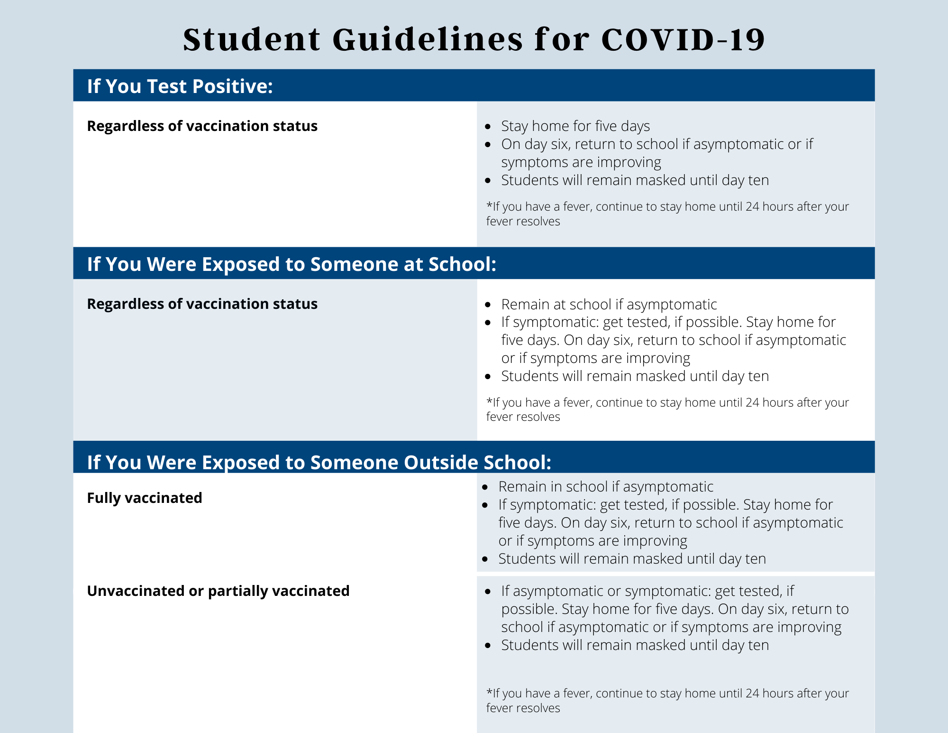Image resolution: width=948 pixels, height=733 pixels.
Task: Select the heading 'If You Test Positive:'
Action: coord(180,86)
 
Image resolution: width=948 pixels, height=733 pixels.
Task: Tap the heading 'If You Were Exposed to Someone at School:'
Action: coord(292,264)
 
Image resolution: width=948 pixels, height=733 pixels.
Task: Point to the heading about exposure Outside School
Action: coord(319,463)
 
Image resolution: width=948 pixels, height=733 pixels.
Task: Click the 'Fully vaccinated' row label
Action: coord(145,498)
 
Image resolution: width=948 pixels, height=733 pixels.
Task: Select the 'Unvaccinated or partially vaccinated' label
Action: coord(218,591)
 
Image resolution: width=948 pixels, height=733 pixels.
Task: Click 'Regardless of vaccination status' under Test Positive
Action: coord(202,126)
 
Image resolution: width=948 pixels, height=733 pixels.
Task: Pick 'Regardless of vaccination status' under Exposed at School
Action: coord(202,304)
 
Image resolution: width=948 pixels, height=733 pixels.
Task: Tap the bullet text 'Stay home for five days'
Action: coord(575,126)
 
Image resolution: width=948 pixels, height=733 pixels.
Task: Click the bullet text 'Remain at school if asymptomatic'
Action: coord(609,304)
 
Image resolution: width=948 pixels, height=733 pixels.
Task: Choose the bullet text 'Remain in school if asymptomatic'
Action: coord(606,487)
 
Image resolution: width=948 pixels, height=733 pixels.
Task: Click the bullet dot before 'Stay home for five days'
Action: coord(488,127)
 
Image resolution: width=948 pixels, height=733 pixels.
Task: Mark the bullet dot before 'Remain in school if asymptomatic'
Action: coord(485,487)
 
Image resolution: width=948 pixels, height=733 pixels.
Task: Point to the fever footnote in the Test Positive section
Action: coord(667,214)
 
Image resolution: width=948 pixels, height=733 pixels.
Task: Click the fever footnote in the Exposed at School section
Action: coord(667,409)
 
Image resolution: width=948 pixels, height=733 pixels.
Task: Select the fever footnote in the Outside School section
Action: coord(667,701)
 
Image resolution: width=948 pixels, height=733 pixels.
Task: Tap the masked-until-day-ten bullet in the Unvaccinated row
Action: coord(635,645)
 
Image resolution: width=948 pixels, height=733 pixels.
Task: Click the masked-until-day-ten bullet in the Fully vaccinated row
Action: coord(632,559)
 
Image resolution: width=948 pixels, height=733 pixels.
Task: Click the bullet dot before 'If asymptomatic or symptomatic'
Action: coord(488,592)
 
